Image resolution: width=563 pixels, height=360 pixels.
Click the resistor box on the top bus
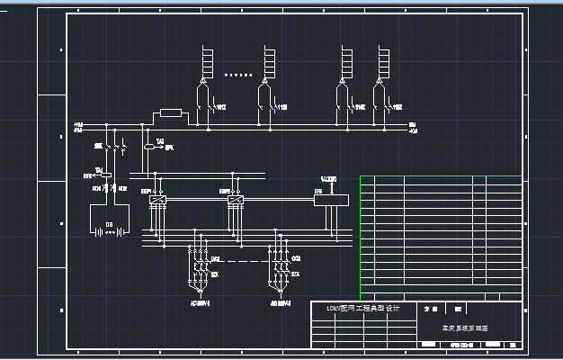pyautogui.click(x=170, y=114)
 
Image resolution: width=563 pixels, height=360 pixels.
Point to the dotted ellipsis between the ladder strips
pyautogui.click(x=237, y=76)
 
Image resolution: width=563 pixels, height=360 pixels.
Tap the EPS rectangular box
pyautogui.click(x=330, y=199)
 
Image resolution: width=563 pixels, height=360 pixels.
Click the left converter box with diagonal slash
pyautogui.click(x=159, y=199)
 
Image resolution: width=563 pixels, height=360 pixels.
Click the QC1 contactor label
pyautogui.click(x=216, y=259)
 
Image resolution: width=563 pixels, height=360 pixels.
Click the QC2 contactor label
pyautogui.click(x=297, y=259)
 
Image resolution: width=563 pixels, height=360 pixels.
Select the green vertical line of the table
pyautogui.click(x=360, y=236)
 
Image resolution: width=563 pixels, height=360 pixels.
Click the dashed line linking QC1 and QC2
pyautogui.click(x=238, y=263)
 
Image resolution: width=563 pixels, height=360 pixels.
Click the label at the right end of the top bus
pyautogui.click(x=412, y=126)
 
